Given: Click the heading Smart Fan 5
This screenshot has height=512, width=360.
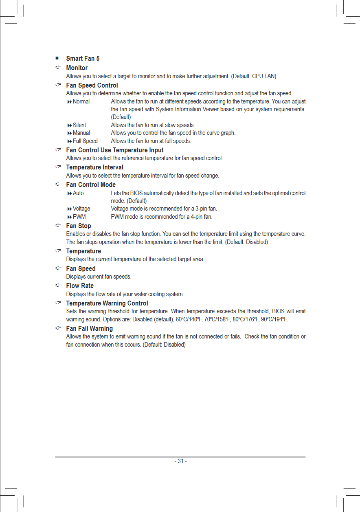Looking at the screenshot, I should pos(83,59).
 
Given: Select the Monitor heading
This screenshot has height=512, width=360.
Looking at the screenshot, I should pos(77,68).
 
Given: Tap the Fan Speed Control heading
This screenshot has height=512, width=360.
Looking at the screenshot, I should pos(92,85).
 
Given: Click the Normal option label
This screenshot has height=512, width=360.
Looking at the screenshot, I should pos(81,101).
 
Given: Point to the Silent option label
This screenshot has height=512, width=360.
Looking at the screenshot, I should pos(79,125).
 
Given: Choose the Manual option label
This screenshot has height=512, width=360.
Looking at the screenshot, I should pos(81,133).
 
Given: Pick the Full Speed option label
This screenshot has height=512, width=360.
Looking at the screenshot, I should pos(85,141).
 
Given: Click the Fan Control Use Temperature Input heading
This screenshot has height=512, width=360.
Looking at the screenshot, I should pos(115,150).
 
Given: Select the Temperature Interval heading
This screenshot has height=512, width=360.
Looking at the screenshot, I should pos(94,167).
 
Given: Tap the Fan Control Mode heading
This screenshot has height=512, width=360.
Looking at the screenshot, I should pos(91,185).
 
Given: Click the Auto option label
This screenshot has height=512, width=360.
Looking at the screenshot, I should pos(78,193).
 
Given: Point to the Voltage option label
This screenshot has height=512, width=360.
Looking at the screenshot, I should pos(81,209).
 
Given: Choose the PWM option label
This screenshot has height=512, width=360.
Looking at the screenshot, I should pos(79,217).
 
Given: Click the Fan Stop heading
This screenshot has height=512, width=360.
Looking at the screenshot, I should pos(79,226).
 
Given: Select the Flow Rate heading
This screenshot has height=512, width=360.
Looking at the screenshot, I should pos(80,286).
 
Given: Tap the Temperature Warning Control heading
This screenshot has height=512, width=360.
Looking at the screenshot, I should pos(107,303).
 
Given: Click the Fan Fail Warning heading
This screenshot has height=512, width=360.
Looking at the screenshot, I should pos(90,329).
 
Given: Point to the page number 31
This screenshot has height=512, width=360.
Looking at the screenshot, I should pos(180,461).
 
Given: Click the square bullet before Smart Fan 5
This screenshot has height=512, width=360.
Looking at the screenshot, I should pos(57,59).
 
